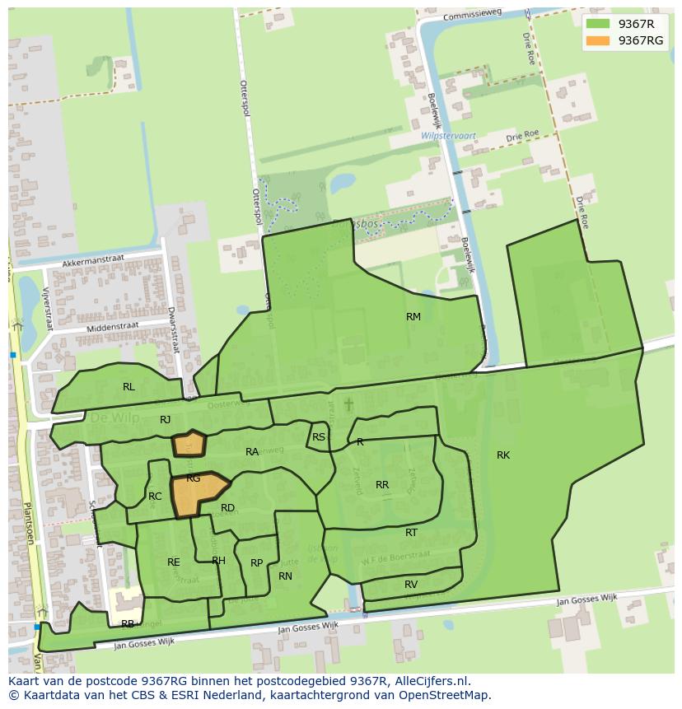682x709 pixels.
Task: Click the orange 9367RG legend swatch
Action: point(600,40)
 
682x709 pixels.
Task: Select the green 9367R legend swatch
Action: point(600,24)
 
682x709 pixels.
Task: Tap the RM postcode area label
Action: point(413,317)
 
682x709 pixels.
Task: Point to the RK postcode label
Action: point(503,455)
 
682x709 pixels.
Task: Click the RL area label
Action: point(128,387)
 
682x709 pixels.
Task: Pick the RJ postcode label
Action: point(166,420)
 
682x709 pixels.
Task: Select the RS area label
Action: point(319,437)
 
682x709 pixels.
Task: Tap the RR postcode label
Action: point(382,485)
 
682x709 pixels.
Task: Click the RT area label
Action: point(411,533)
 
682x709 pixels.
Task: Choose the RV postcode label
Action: point(411,585)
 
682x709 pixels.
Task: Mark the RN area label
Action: point(286,576)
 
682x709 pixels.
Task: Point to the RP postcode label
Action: point(256,563)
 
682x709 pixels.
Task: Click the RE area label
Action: point(174,562)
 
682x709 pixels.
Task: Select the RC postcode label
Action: point(155,497)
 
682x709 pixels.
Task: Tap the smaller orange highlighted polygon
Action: point(189,443)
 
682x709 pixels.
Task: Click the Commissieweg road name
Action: point(470,16)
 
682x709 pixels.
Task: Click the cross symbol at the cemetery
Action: point(348,404)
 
